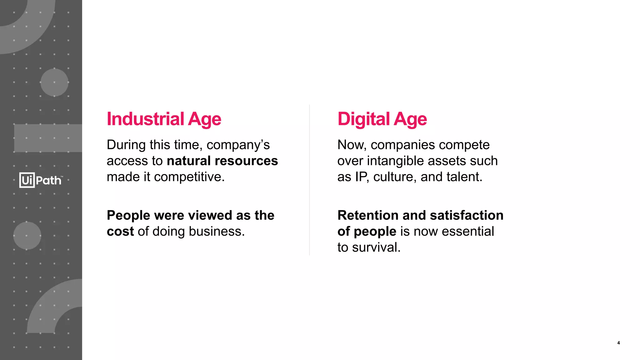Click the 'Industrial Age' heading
pos(164,119)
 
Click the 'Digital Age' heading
pos(382,119)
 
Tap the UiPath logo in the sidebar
pos(41,180)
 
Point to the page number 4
pos(618,343)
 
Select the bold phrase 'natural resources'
pos(222,161)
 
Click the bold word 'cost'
pos(120,232)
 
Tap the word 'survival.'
pos(376,247)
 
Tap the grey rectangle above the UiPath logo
pos(48,138)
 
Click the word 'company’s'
pos(238,145)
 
